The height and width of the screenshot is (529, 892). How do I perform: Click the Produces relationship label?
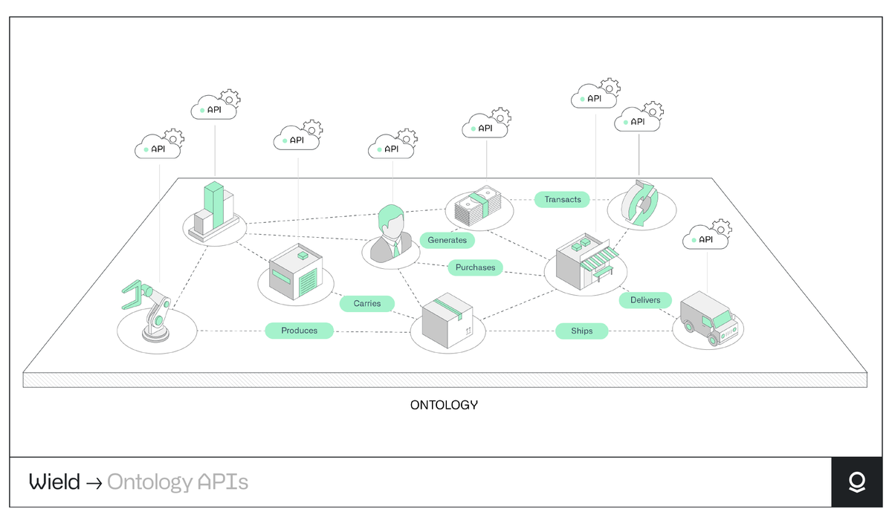tap(299, 331)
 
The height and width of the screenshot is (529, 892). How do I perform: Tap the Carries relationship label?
tap(367, 303)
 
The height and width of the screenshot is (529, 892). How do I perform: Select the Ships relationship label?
tap(581, 331)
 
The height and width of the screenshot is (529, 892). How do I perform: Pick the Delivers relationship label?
tap(645, 300)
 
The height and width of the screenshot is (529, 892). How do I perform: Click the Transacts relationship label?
tap(563, 199)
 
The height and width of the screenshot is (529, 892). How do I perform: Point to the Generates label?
tap(447, 240)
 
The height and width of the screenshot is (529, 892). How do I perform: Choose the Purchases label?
tap(475, 267)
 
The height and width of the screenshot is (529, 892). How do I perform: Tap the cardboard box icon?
tap(447, 322)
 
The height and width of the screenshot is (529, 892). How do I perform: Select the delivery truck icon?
tap(708, 318)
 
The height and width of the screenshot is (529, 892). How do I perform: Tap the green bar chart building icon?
tap(213, 211)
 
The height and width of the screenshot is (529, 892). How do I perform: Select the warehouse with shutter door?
tap(297, 273)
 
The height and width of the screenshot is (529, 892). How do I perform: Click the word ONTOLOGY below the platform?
tap(444, 405)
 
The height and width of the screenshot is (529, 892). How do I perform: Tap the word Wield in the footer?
tap(54, 482)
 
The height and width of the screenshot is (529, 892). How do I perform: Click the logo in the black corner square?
tap(856, 482)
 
